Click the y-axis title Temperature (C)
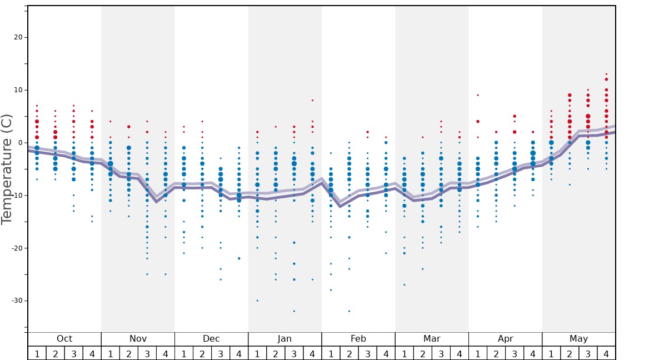tap(7, 169)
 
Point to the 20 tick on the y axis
tap(17, 37)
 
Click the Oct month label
tap(64, 339)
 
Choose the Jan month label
tap(284, 339)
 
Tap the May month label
tap(578, 339)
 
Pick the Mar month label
tap(432, 339)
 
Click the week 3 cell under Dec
tap(221, 353)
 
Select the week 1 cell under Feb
tap(331, 353)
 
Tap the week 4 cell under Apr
tap(533, 353)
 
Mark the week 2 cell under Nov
tap(129, 353)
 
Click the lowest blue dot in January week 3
tap(294, 311)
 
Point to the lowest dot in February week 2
tap(349, 311)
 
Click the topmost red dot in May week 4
tap(606, 74)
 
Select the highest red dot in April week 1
tap(478, 95)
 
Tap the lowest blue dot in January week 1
tap(257, 301)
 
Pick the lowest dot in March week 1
tap(404, 285)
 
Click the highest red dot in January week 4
tap(312, 101)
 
